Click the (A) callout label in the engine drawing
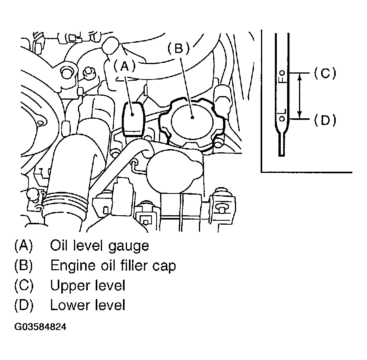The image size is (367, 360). tap(125, 66)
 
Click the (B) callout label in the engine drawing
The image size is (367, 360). tap(179, 49)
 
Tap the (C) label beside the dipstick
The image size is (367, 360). tap(325, 73)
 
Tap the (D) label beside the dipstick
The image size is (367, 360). tap(325, 120)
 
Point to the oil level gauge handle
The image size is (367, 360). tap(133, 119)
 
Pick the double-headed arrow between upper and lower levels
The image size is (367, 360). tap(300, 96)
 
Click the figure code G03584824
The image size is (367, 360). tap(40, 326)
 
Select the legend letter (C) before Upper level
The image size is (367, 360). tap(24, 286)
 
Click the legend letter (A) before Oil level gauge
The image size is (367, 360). tap(23, 246)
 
